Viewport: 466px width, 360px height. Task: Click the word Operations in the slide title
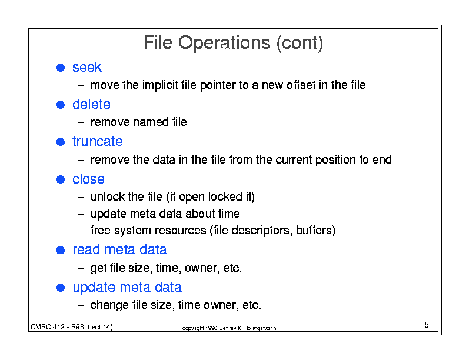(224, 43)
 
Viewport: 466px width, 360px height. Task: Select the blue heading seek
(86, 67)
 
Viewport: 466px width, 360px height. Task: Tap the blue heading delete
(91, 104)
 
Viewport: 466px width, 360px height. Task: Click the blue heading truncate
(98, 141)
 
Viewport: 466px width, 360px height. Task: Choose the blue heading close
(88, 179)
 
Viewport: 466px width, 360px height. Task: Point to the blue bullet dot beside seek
(61, 68)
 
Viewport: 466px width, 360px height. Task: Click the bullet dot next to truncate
(61, 142)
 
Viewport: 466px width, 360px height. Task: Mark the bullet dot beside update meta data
(61, 288)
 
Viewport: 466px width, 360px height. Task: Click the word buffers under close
(314, 230)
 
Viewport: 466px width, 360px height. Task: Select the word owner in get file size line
(201, 268)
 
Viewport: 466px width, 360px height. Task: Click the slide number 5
(426, 325)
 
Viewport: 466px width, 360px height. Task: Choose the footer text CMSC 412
(48, 327)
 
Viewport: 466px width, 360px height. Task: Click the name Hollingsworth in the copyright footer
(260, 328)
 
